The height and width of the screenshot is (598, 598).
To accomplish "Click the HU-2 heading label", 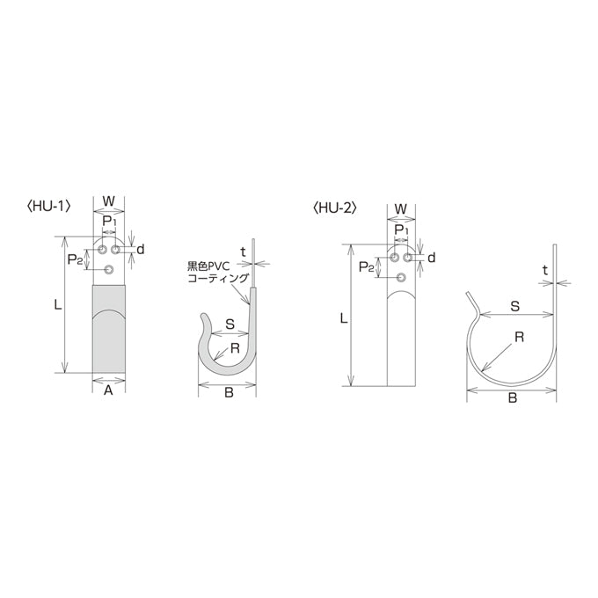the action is [334, 208].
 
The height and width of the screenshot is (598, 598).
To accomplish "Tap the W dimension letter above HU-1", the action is [109, 201].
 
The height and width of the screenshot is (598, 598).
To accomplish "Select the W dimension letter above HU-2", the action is [400, 209].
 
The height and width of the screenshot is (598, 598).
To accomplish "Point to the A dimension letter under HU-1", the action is [109, 390].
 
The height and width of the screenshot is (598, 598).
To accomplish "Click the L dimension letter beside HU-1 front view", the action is [57, 305].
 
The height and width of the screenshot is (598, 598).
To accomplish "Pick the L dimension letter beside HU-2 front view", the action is [344, 318].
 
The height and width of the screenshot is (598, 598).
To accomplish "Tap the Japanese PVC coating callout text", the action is [218, 272].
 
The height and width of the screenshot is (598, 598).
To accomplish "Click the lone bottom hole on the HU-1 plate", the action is [109, 270].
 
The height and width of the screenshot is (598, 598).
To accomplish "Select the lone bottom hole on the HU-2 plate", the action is [401, 278].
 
